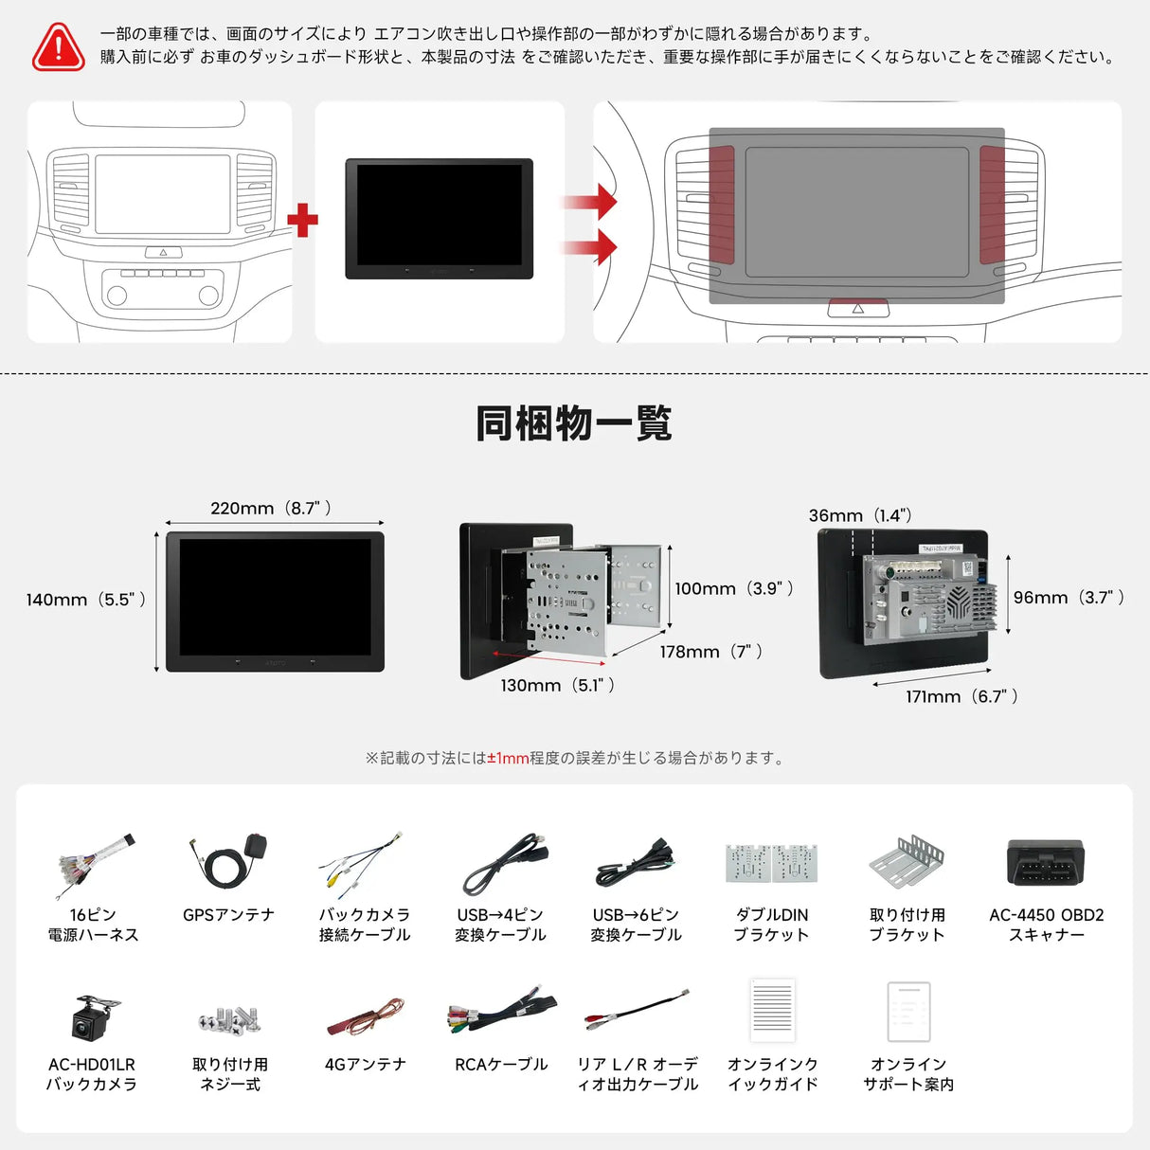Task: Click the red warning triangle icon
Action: [59, 46]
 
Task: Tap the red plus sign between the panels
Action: [302, 221]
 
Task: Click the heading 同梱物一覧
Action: [574, 423]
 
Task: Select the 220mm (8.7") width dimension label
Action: [271, 509]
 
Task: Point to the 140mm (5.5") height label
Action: [86, 600]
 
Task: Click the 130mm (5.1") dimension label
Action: [558, 685]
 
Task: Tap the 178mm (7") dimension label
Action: [710, 652]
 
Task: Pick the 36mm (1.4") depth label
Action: [860, 515]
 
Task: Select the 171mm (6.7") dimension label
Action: [961, 696]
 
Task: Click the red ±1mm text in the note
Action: [508, 758]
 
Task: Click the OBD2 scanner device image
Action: [1046, 862]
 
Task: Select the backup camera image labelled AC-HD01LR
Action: [94, 1016]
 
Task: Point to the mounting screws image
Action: [229, 1019]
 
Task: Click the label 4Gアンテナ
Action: [365, 1065]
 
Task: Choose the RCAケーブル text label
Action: [501, 1065]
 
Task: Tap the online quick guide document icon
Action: [772, 1011]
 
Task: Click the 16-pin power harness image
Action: [94, 864]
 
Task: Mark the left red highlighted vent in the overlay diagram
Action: [722, 204]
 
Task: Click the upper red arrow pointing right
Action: [591, 202]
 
